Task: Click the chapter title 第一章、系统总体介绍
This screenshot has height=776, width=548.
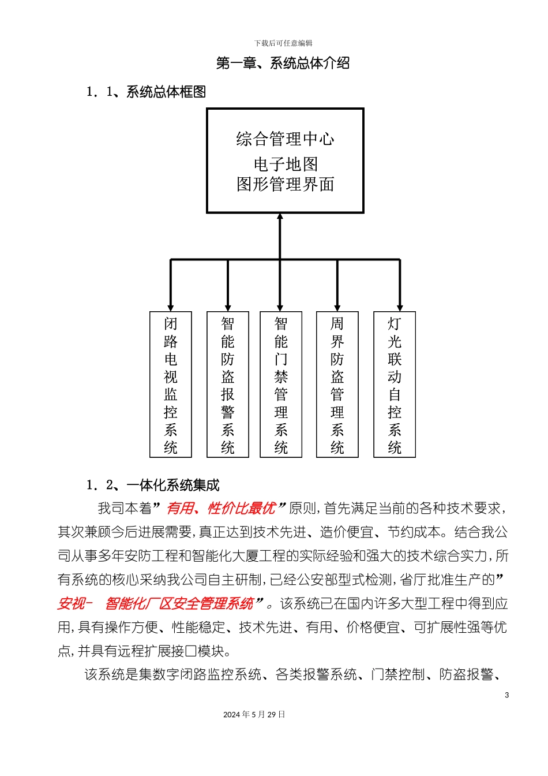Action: click(283, 63)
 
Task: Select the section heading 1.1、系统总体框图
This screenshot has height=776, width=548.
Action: click(146, 92)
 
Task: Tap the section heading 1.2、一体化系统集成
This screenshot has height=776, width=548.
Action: click(153, 485)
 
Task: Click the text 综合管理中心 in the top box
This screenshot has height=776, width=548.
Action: click(285, 139)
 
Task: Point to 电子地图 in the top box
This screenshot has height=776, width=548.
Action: click(286, 165)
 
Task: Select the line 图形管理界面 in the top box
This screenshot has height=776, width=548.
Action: click(286, 185)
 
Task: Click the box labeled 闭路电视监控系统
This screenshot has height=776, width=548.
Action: click(171, 385)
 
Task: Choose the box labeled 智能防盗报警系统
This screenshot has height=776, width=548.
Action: click(228, 385)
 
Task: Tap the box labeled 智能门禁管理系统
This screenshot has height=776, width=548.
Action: click(281, 385)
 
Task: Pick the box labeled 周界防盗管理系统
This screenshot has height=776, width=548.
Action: click(337, 385)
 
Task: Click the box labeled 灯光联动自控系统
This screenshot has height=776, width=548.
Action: click(395, 385)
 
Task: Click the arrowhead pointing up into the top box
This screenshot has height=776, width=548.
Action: click(280, 217)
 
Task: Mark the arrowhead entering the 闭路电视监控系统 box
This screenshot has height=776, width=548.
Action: click(171, 308)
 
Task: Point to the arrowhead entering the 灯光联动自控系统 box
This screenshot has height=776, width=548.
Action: click(400, 308)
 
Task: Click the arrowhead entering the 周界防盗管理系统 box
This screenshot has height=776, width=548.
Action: click(337, 308)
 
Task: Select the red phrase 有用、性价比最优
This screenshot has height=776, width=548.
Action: click(221, 508)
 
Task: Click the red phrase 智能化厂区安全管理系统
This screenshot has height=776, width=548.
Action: click(179, 604)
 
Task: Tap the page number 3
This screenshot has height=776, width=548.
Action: click(507, 695)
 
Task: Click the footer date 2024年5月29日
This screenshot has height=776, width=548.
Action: click(254, 715)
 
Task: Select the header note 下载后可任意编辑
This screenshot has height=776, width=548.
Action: click(283, 43)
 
